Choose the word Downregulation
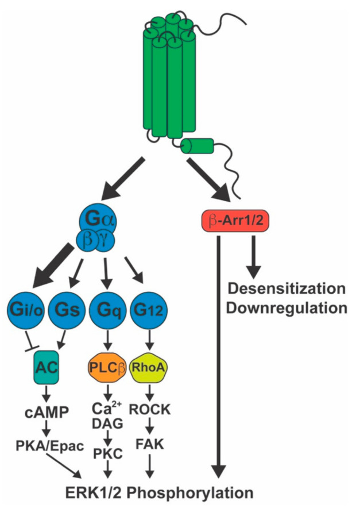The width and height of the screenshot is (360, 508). (x=286, y=307)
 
